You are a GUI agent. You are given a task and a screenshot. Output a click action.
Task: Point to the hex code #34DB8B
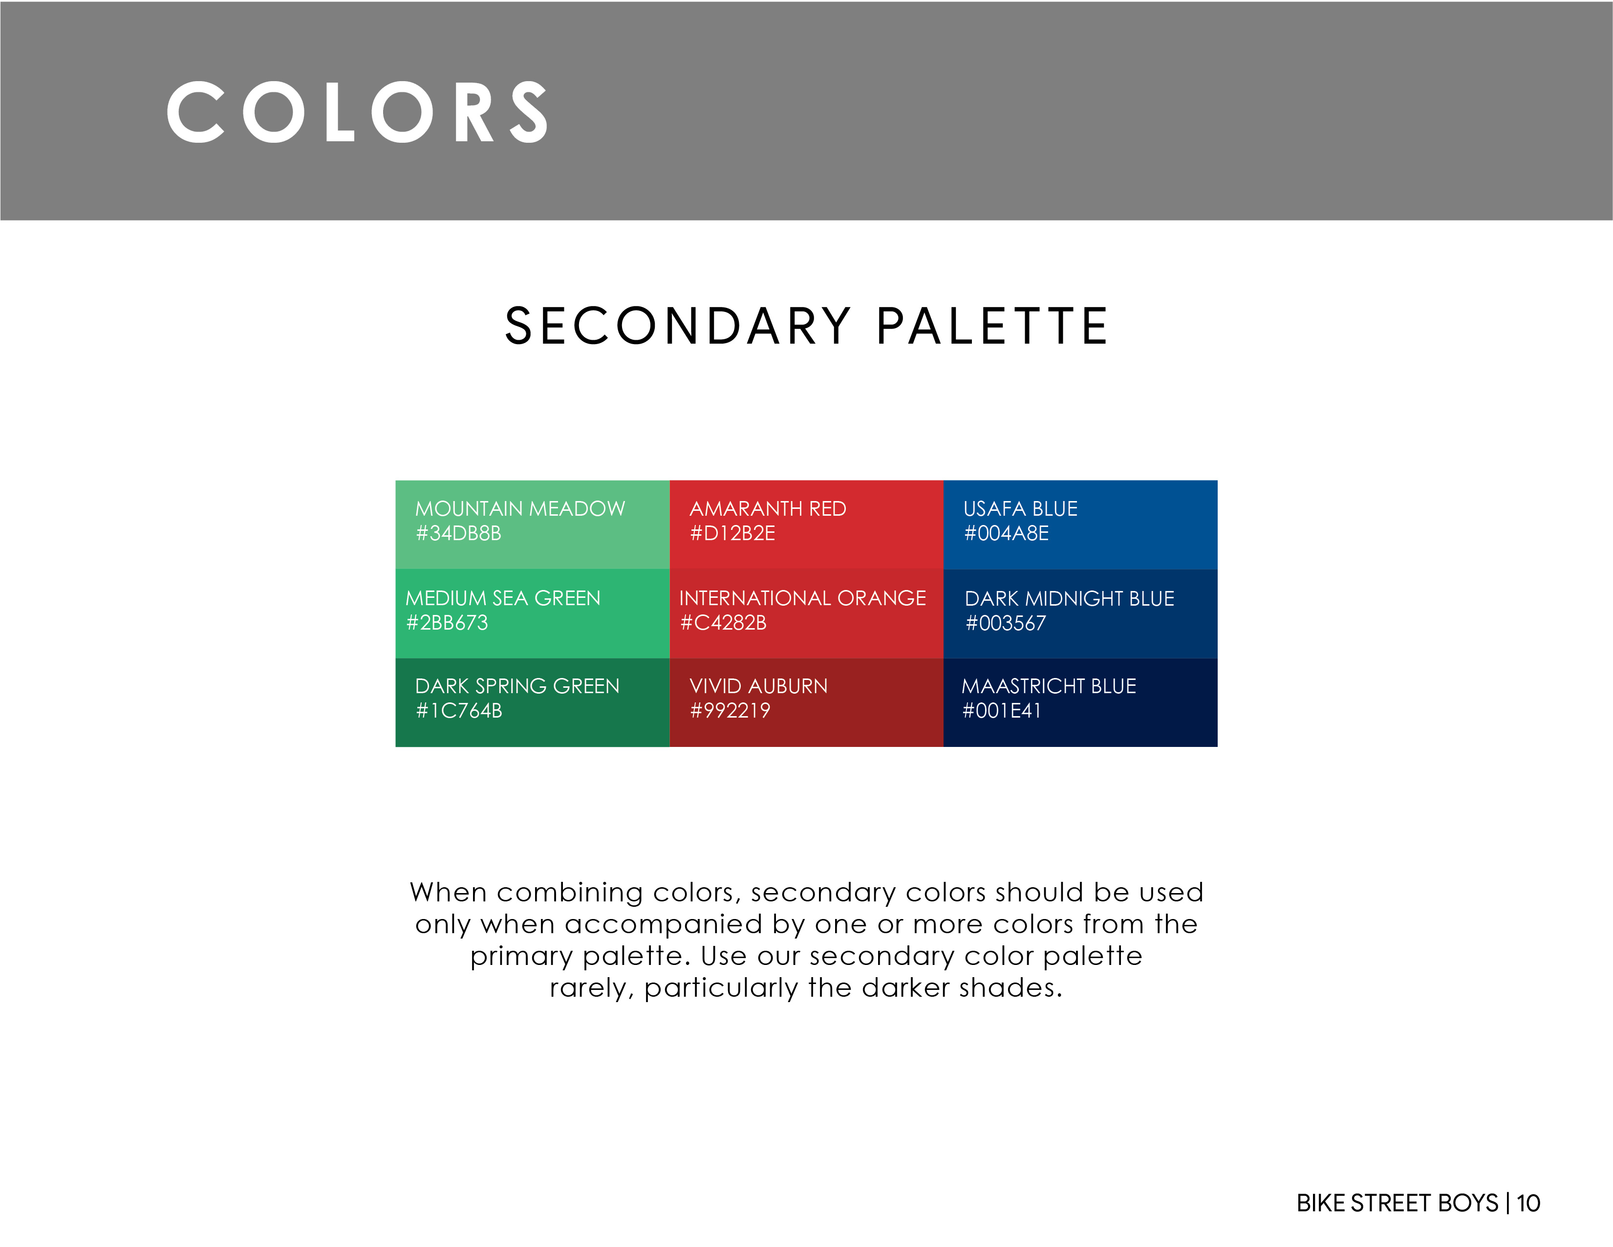click(x=459, y=533)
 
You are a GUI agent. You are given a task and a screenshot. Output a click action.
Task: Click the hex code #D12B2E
click(x=732, y=533)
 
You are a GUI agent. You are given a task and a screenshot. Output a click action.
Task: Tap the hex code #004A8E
click(x=1007, y=533)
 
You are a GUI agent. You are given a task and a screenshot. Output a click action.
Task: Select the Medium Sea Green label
click(x=503, y=598)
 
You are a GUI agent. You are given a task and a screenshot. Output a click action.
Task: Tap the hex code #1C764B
click(x=459, y=711)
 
